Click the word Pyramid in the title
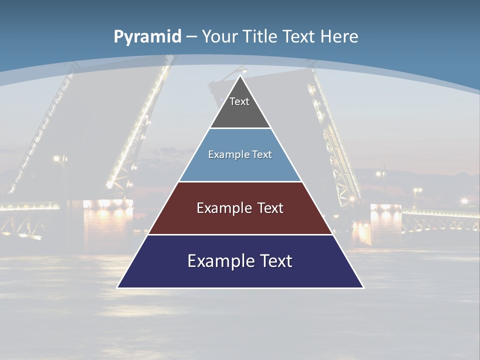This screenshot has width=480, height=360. (147, 37)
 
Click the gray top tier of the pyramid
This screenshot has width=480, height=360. (240, 112)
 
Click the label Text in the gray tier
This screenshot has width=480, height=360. (239, 101)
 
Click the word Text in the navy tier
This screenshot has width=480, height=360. (274, 261)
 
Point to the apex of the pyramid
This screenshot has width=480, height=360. (240, 76)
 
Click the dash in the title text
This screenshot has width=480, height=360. (191, 37)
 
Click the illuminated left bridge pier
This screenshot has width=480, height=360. (107, 220)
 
